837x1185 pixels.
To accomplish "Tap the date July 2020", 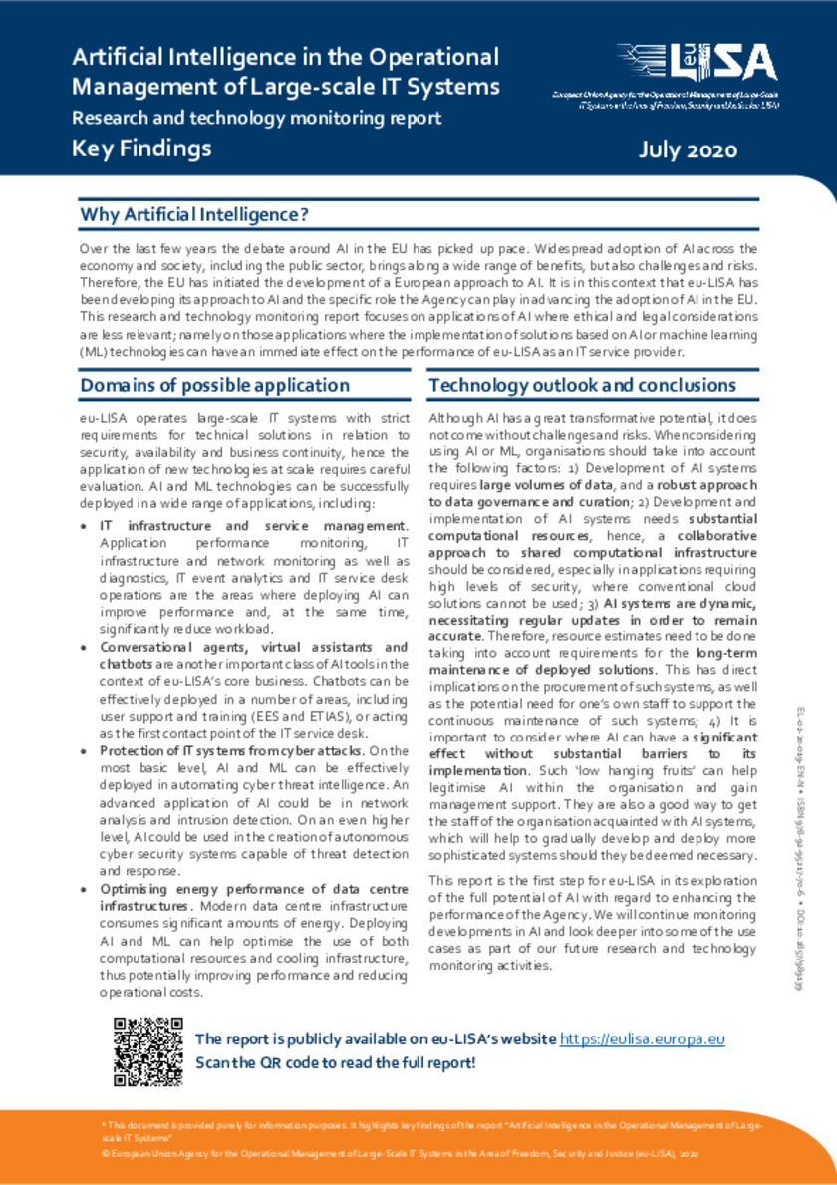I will click(688, 150).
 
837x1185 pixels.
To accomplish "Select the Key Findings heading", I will click(141, 148).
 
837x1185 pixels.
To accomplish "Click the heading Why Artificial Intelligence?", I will click(194, 215).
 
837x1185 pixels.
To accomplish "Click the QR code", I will click(147, 1050).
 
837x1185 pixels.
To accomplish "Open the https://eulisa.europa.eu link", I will click(642, 1038).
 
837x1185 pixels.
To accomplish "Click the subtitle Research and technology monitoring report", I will click(256, 118).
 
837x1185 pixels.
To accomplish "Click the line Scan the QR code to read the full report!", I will click(336, 1062).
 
